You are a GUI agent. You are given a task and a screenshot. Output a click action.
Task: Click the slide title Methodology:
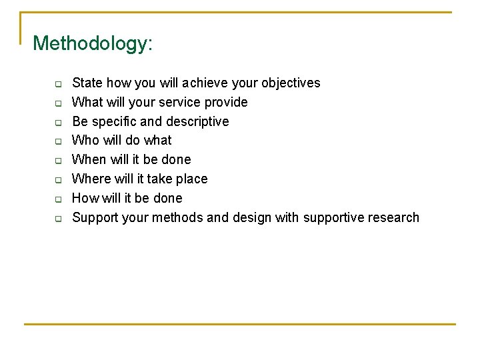pyautogui.click(x=93, y=44)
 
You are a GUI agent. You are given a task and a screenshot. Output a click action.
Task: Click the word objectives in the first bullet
pyautogui.click(x=291, y=83)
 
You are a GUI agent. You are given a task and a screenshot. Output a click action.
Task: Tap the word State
pyautogui.click(x=87, y=83)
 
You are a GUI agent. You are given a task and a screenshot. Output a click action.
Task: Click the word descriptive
pyautogui.click(x=197, y=121)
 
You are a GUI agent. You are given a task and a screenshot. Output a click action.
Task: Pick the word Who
pyautogui.click(x=85, y=140)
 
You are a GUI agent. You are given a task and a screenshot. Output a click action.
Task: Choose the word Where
pyautogui.click(x=91, y=179)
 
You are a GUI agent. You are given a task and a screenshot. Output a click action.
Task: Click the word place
pyautogui.click(x=191, y=179)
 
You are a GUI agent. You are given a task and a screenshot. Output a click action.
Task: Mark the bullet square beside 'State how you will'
pyautogui.click(x=58, y=84)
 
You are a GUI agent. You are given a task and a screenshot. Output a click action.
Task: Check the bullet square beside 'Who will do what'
pyautogui.click(x=58, y=141)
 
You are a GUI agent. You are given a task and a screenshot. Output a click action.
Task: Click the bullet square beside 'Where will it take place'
pyautogui.click(x=58, y=180)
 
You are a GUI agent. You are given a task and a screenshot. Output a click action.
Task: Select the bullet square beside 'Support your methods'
pyautogui.click(x=58, y=219)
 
